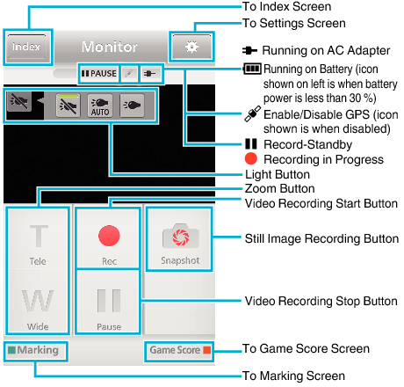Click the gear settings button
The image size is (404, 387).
pos(190,46)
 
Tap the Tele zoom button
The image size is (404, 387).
pos(39,244)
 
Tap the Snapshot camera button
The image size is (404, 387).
pos(179,243)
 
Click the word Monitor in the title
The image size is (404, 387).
pos(109,47)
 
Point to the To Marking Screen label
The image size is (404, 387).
pos(293,376)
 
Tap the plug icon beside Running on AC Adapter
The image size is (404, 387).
pos(249,51)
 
